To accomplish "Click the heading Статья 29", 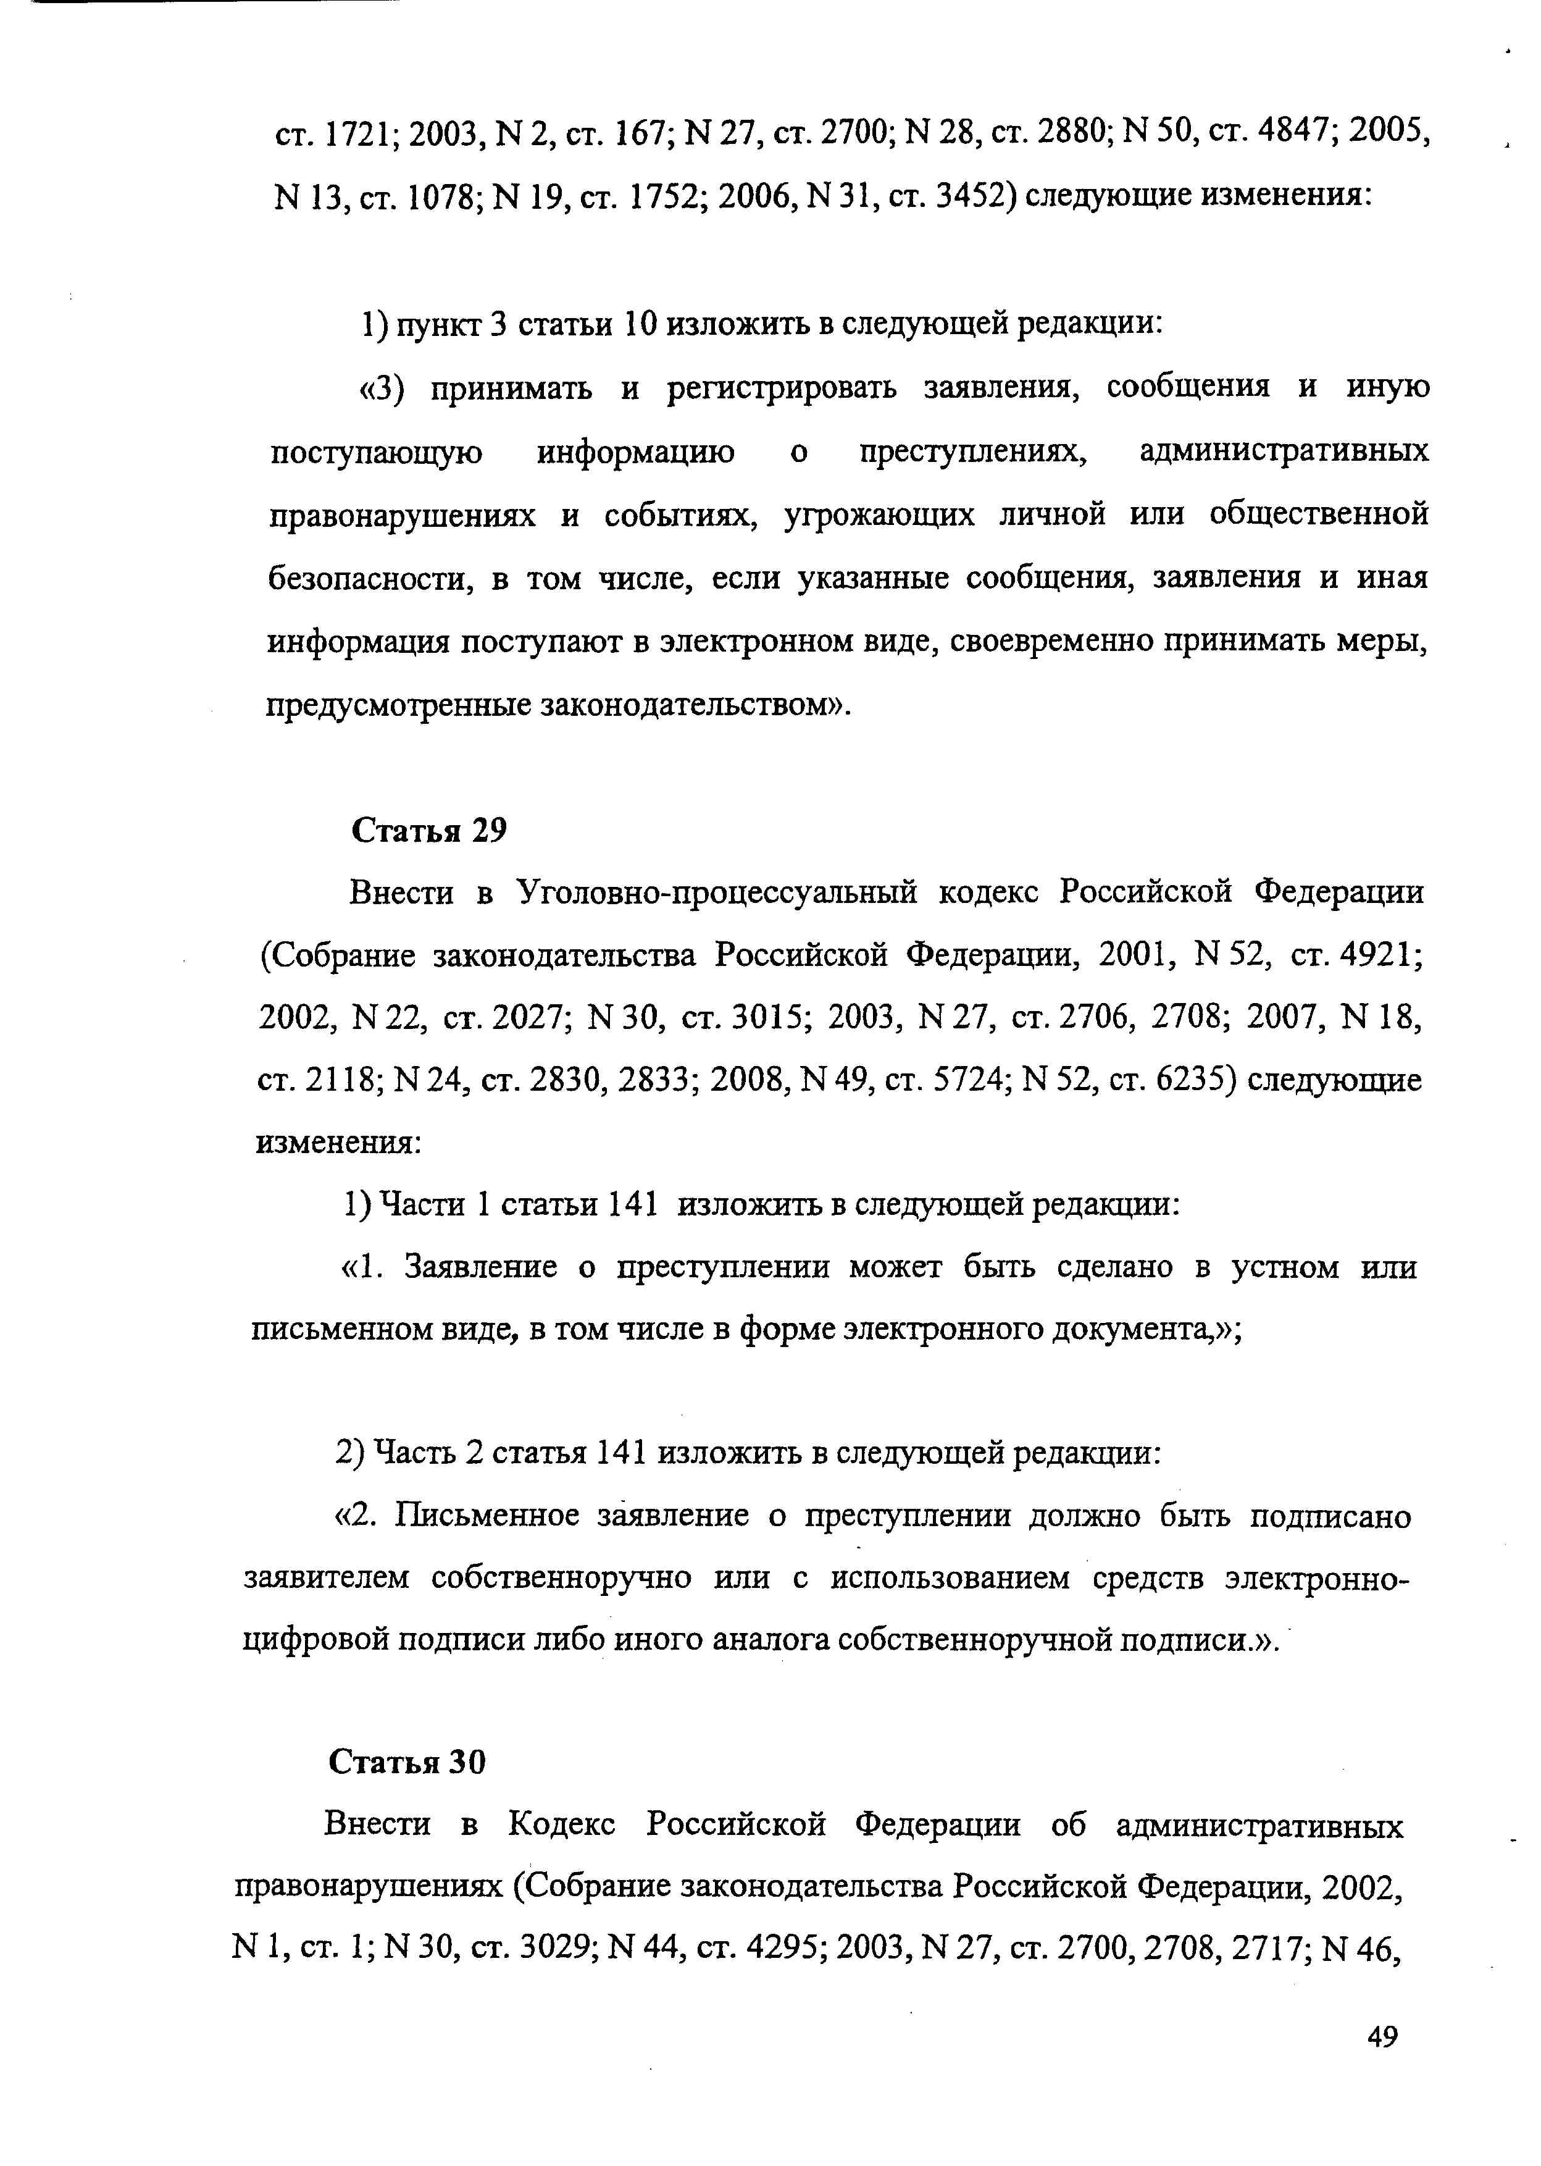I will pyautogui.click(x=429, y=831).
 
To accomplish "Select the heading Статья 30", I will pyautogui.click(x=406, y=1761).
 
